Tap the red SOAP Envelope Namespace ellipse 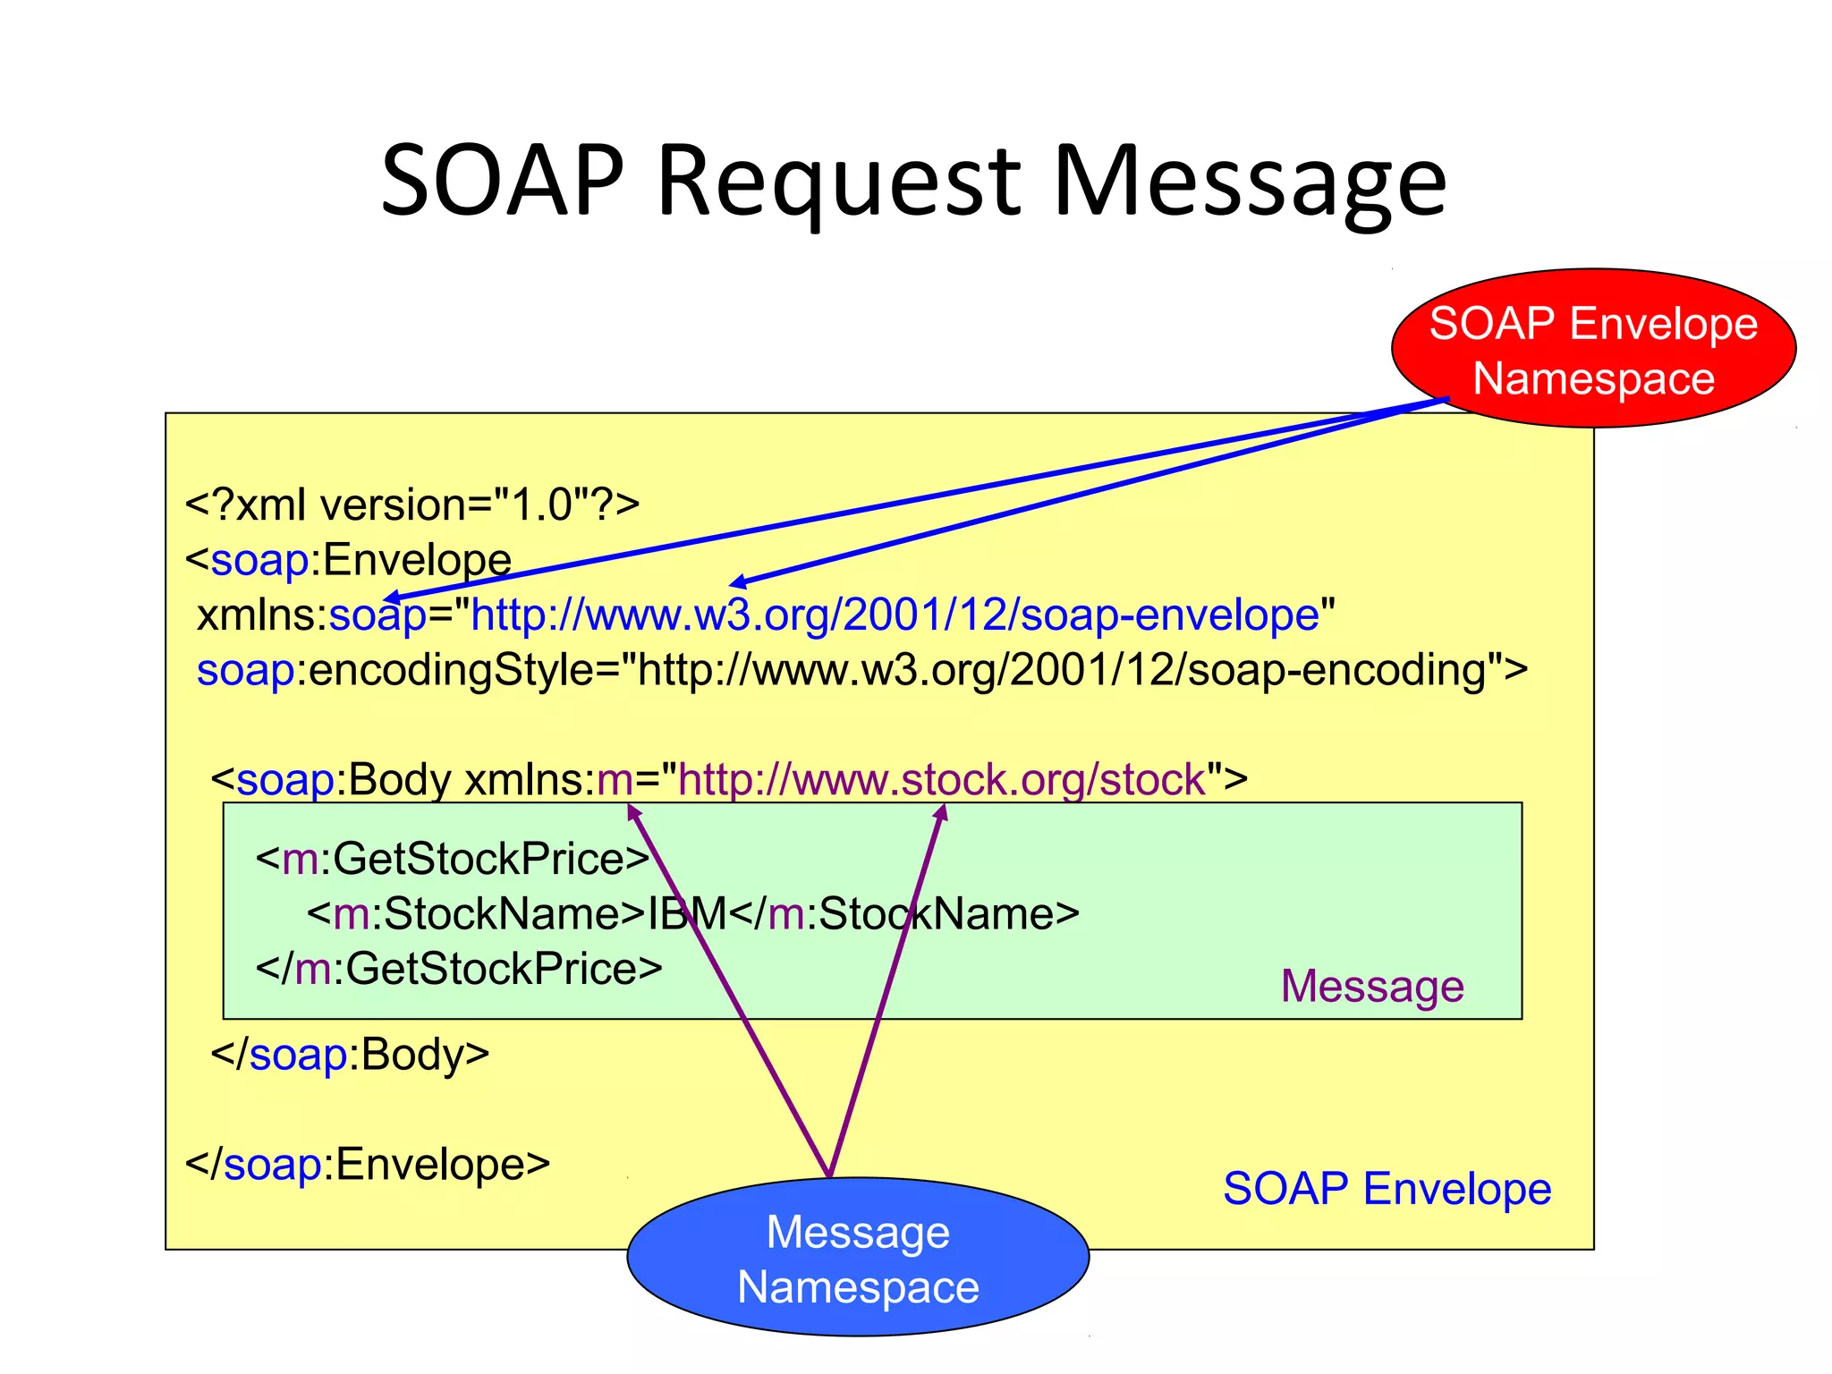pyautogui.click(x=1593, y=349)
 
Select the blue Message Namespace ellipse pyautogui.click(x=858, y=1258)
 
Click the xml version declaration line pyautogui.click(x=412, y=505)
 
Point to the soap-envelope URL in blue pyautogui.click(x=895, y=615)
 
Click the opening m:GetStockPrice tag pyautogui.click(x=453, y=860)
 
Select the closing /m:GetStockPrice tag pyautogui.click(x=459, y=969)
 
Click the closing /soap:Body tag pyautogui.click(x=350, y=1055)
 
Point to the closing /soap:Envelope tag pyautogui.click(x=368, y=1165)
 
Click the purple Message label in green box pyautogui.click(x=1372, y=987)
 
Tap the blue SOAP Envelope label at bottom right pyautogui.click(x=1387, y=1190)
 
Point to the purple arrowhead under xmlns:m pyautogui.click(x=633, y=811)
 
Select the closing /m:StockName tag pyautogui.click(x=904, y=914)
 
